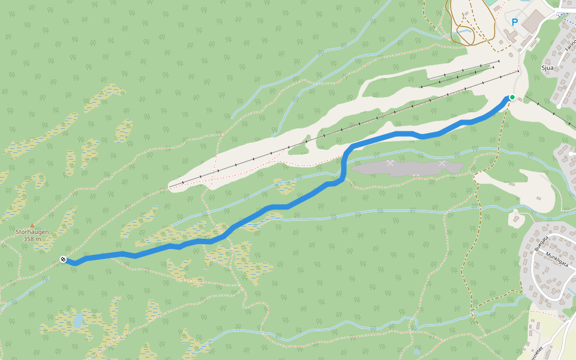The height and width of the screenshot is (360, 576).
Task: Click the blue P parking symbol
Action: (x=514, y=22)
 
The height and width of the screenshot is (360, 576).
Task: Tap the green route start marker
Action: (x=512, y=97)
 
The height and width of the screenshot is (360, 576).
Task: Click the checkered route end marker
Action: (x=63, y=259)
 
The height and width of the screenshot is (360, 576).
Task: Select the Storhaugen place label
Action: (x=32, y=232)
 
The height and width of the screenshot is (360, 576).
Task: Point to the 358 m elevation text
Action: (x=32, y=239)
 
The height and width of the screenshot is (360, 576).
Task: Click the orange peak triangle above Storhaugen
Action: (x=32, y=225)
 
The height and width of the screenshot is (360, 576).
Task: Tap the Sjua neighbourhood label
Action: (x=547, y=68)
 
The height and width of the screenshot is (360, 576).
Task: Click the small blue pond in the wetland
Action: (x=78, y=322)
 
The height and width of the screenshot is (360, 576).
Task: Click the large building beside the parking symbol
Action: (x=533, y=21)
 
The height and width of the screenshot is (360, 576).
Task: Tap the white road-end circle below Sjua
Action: (x=559, y=106)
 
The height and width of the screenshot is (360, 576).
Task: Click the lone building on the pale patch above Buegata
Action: (x=515, y=219)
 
